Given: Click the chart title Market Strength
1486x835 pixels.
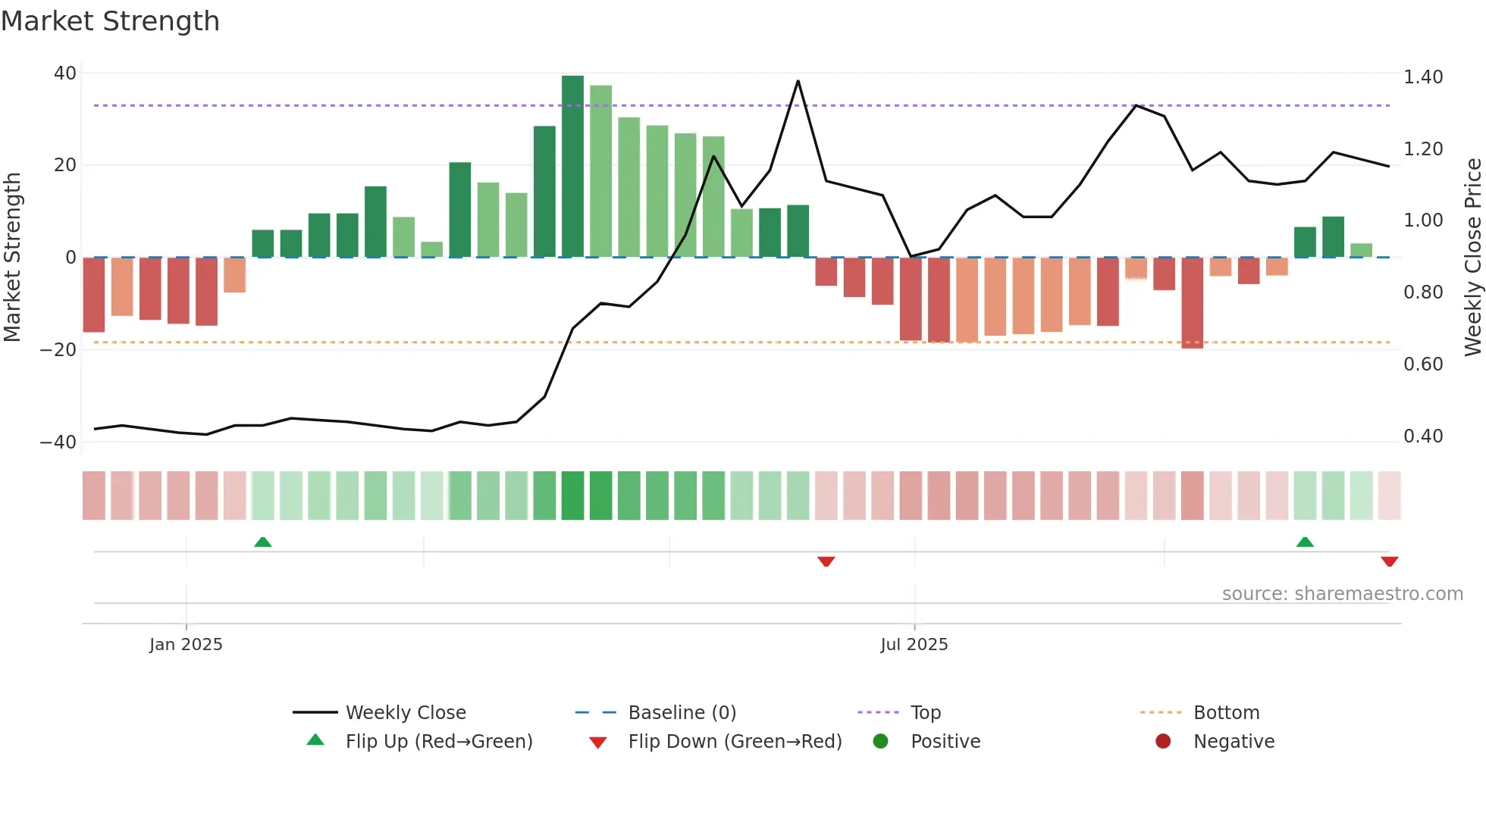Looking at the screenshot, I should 110,21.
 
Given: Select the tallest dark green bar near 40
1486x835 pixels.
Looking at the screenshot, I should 572,167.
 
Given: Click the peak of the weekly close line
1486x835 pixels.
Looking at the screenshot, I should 798,81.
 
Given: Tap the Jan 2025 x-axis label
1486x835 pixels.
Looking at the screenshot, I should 186,645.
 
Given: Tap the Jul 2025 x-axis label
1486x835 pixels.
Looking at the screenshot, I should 914,645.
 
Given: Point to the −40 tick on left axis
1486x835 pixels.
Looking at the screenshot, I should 58,443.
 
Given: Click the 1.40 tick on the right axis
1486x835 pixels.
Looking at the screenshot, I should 1422,77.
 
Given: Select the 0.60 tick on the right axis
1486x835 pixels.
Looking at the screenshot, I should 1422,364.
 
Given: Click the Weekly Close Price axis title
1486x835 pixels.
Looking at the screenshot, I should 1472,258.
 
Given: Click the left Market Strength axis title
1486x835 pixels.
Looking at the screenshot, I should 12,258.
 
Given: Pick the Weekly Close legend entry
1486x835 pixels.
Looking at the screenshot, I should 405,713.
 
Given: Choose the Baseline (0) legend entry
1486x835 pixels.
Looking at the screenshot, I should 682,713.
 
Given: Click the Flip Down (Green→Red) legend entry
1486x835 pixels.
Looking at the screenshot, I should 734,742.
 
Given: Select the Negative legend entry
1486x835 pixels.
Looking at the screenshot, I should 1233,742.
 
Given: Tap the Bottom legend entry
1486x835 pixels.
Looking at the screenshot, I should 1225,713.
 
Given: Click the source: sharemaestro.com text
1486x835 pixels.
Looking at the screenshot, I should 1342,594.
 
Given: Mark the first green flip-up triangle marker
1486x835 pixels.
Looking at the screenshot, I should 262,543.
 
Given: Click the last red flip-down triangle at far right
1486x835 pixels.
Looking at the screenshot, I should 1389,561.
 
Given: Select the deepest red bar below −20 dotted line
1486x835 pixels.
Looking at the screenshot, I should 1192,303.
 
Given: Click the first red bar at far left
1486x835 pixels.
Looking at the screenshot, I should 94,295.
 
